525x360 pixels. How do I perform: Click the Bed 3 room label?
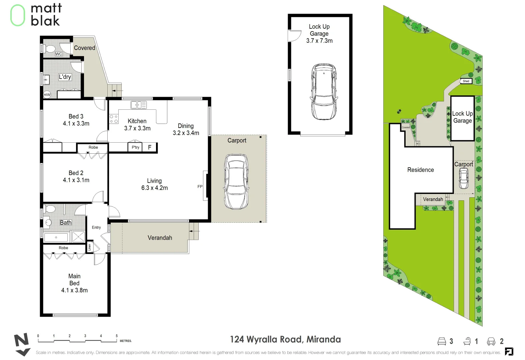(x=76, y=117)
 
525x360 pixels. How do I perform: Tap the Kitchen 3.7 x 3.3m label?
(x=137, y=125)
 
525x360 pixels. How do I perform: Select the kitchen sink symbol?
(x=138, y=105)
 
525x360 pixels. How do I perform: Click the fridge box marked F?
(x=150, y=147)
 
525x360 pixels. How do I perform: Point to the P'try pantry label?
(x=135, y=147)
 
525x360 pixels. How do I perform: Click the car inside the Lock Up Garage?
(x=323, y=92)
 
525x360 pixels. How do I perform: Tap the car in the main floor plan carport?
(x=236, y=182)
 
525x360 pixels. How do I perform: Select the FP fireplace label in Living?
(x=200, y=187)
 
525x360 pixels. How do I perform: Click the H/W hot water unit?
(x=47, y=95)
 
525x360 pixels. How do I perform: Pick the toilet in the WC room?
(x=50, y=49)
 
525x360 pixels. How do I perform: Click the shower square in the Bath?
(x=78, y=237)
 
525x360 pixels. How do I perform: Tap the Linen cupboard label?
(x=89, y=247)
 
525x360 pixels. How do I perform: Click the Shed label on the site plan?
(x=466, y=81)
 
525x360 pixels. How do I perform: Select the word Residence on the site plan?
(x=420, y=170)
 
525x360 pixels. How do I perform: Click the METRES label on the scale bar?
(x=126, y=341)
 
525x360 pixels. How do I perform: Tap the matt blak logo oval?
(x=18, y=15)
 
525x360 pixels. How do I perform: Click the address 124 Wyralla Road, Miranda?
(x=285, y=339)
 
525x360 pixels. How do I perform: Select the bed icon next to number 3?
(x=441, y=341)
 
